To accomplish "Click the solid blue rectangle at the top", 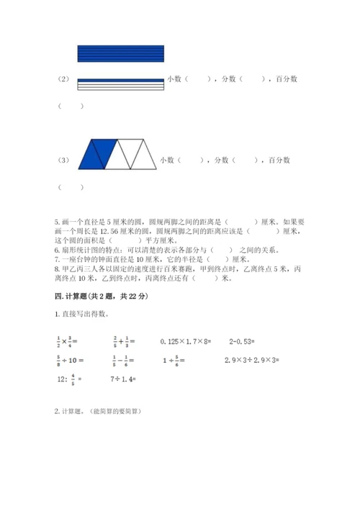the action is pyautogui.click(x=120, y=53).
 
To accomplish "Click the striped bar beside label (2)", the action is pyautogui.click(x=120, y=84).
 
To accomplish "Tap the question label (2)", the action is pyautogui.click(x=63, y=79).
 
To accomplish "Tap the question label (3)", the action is pyautogui.click(x=63, y=161).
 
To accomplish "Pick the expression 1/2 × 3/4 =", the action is pyautogui.click(x=70, y=341).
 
